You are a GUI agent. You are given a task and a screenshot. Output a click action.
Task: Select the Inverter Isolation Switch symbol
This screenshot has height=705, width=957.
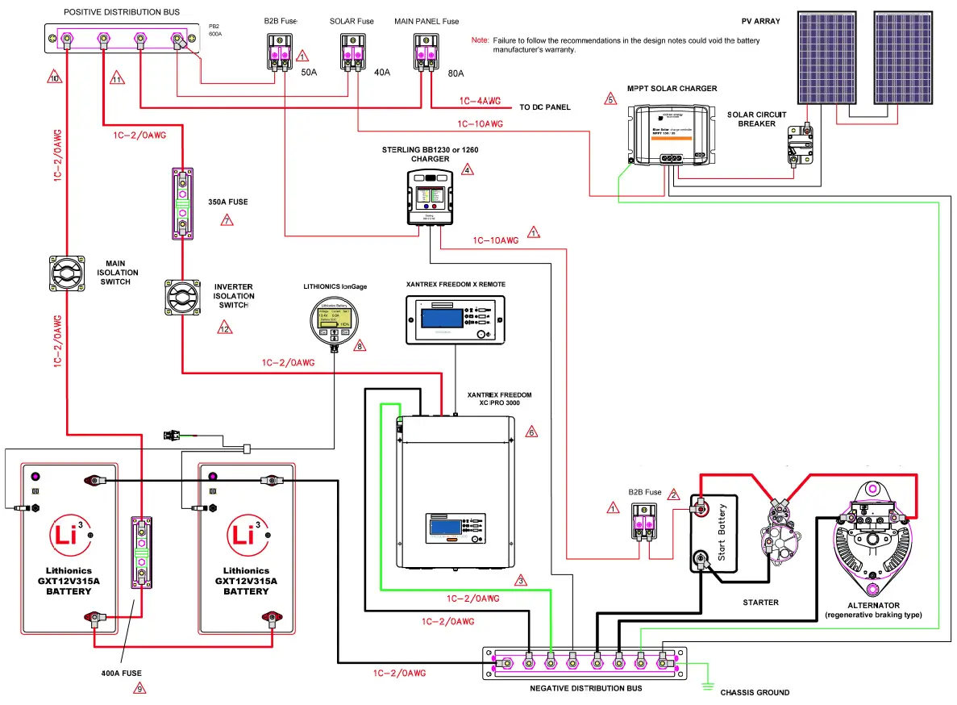[183, 298]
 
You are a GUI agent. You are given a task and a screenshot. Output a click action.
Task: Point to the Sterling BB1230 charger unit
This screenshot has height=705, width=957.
[432, 197]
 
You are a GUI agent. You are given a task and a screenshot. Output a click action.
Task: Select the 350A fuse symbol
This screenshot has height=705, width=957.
[182, 204]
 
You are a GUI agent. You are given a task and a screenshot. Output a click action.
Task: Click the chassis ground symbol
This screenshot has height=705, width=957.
[707, 686]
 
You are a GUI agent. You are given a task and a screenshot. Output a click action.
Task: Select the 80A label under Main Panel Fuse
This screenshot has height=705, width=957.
[456, 73]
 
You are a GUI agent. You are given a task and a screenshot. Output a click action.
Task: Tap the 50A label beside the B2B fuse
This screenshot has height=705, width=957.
[309, 73]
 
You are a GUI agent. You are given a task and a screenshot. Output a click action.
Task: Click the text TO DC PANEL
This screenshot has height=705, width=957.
[544, 107]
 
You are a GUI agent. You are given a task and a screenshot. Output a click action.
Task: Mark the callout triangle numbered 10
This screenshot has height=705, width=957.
[54, 78]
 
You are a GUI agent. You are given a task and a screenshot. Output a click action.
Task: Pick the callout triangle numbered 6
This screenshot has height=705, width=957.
[531, 432]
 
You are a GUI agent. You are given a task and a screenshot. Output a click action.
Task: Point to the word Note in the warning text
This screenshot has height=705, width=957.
[480, 40]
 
